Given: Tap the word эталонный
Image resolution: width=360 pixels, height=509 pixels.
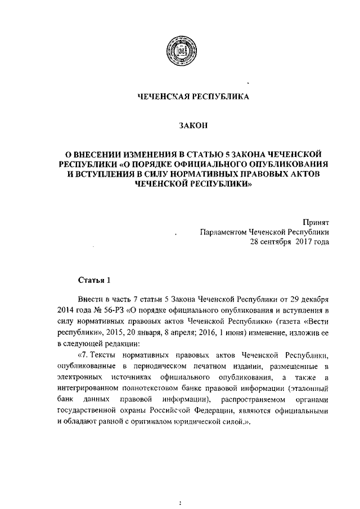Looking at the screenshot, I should coord(308,388).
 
